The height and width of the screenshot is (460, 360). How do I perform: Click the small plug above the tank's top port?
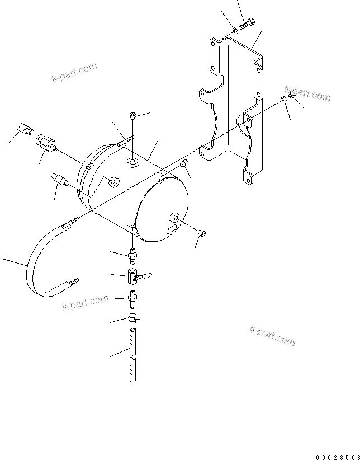point(132,116)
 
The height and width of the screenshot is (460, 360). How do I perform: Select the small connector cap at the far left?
point(23,129)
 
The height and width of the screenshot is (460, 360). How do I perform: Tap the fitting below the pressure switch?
point(59,180)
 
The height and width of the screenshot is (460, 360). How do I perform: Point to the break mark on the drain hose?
point(131,357)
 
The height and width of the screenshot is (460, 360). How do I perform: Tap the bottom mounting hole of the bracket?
point(246,179)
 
